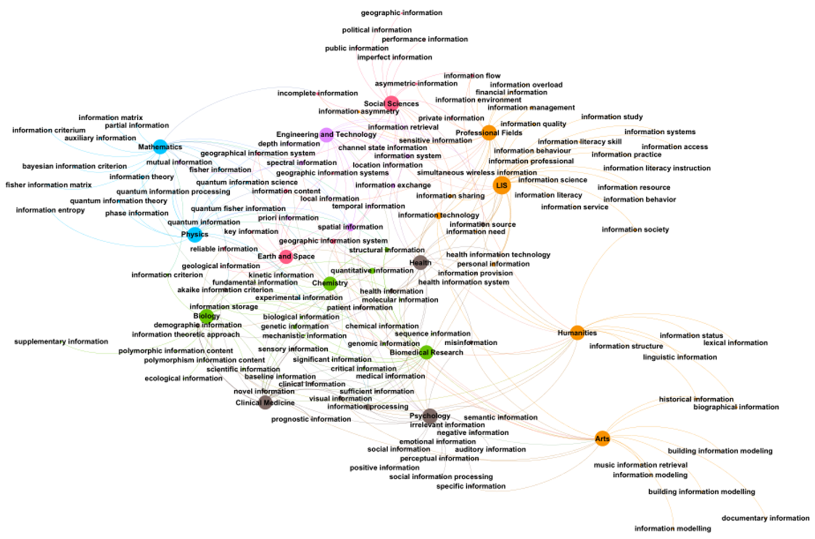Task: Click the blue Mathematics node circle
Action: [x=160, y=146]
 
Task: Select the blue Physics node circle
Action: [x=195, y=234]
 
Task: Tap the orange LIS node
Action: [x=502, y=185]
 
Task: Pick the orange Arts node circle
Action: [x=602, y=438]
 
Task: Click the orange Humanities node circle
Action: [x=577, y=333]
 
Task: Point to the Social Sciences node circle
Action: [x=392, y=104]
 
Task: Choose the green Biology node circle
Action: [x=206, y=316]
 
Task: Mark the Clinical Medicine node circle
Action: [x=265, y=403]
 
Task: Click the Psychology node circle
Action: [x=430, y=416]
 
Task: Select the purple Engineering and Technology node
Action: [x=327, y=134]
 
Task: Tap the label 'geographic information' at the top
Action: [x=401, y=13]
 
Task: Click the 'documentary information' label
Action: [x=765, y=518]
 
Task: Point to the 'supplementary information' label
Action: [x=61, y=341]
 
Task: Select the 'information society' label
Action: [x=635, y=229]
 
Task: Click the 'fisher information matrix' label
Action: [x=48, y=185]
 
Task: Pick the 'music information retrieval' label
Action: [x=641, y=465]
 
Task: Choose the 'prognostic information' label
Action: [x=311, y=419]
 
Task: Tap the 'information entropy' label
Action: [x=50, y=210]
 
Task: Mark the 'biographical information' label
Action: [x=736, y=407]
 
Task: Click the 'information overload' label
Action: [x=526, y=84]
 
